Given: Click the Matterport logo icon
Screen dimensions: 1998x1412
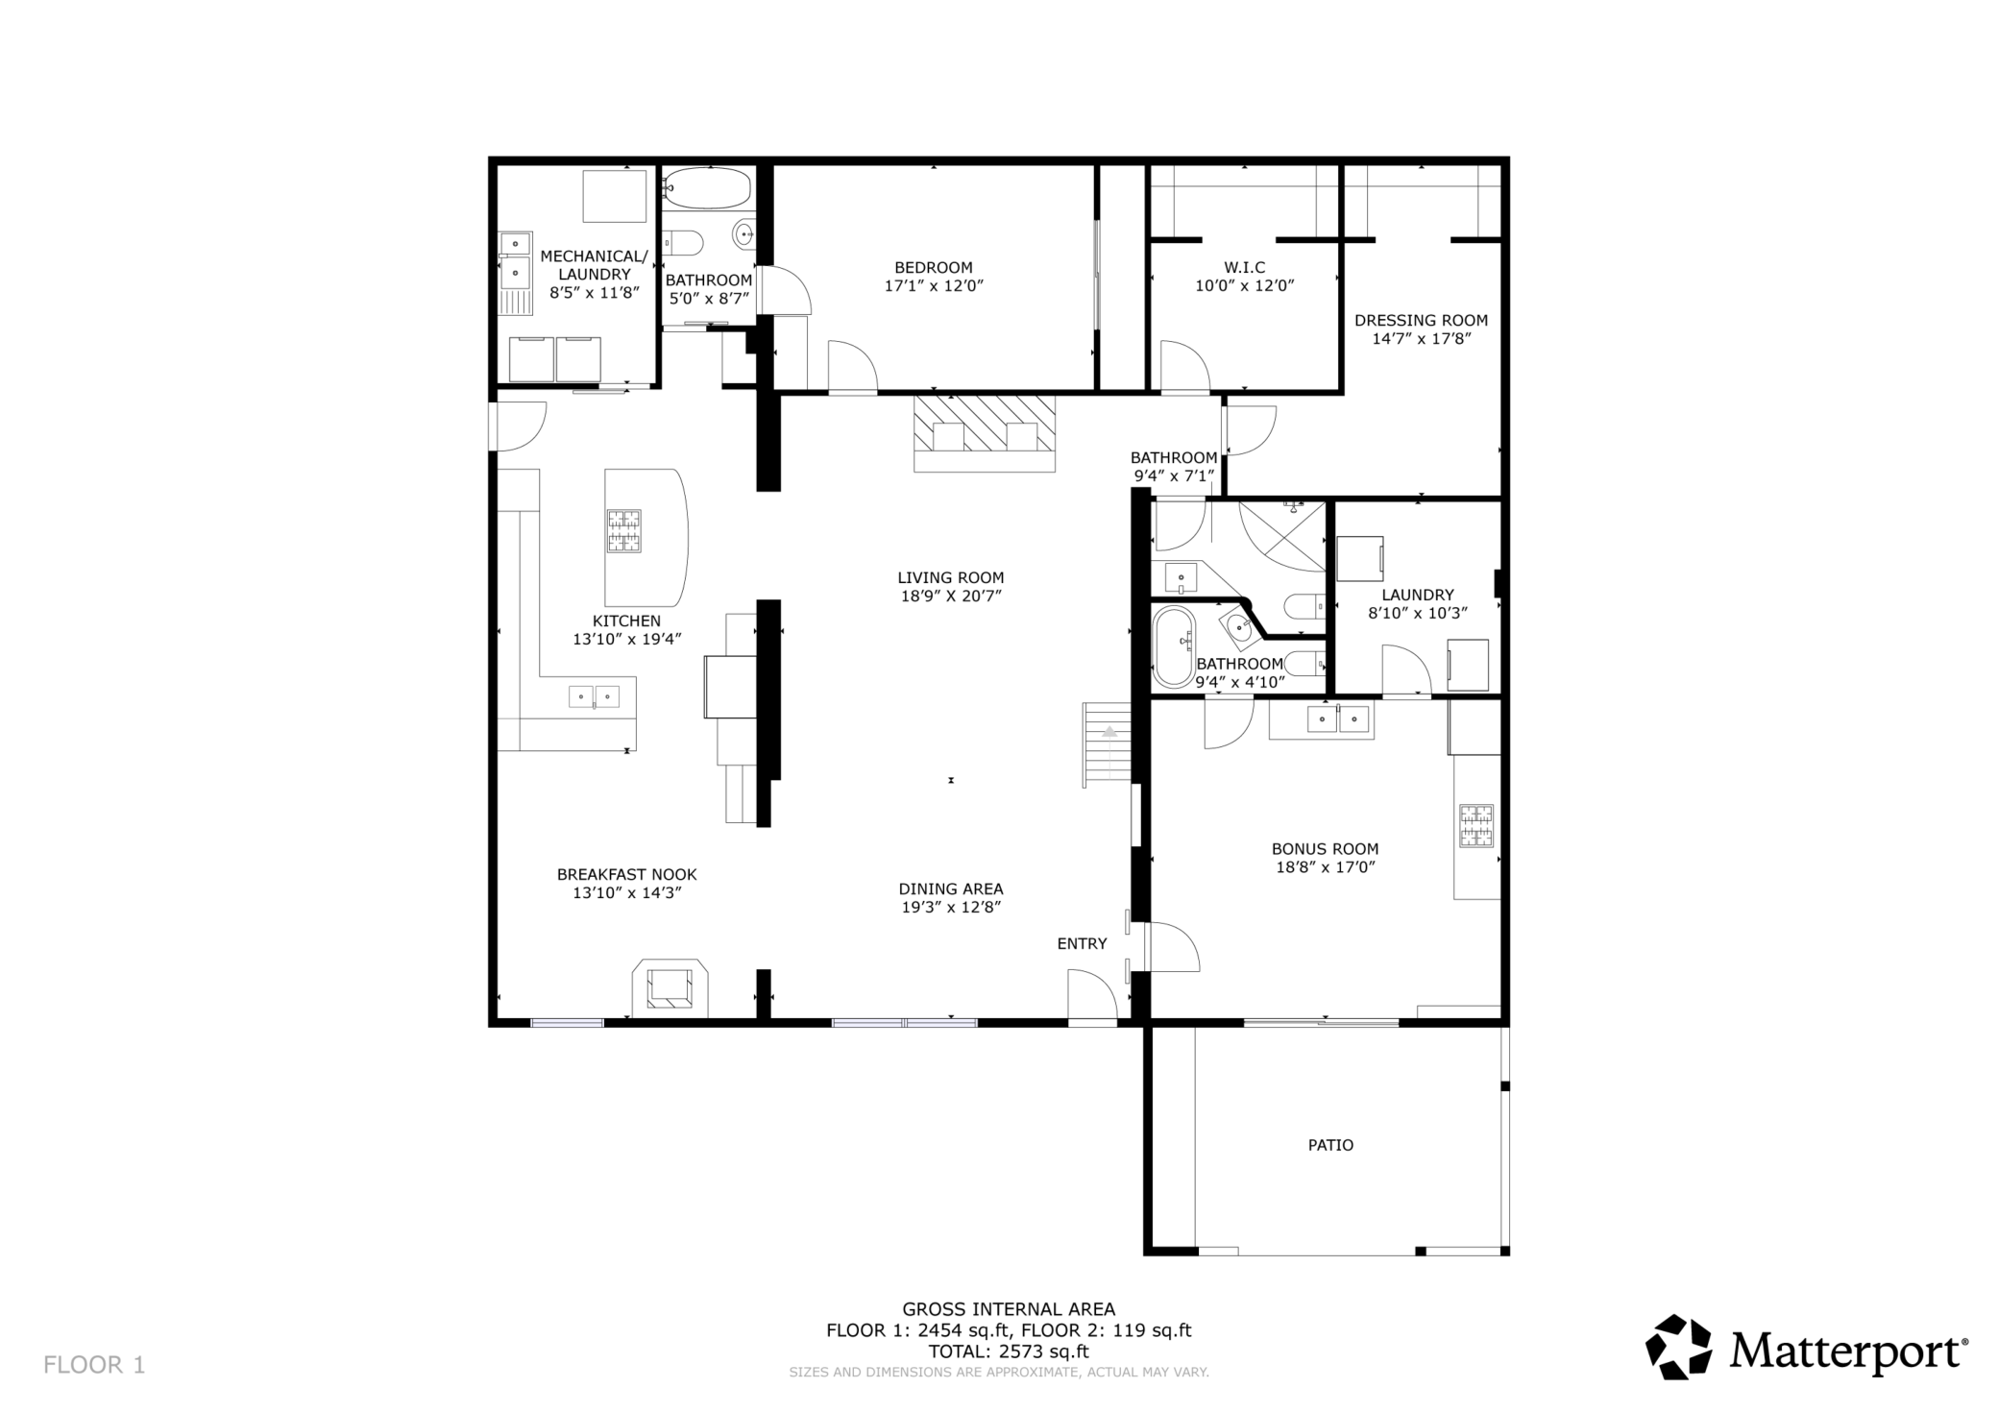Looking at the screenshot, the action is [x=1678, y=1347].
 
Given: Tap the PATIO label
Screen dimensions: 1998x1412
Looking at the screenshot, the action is [x=1330, y=1145].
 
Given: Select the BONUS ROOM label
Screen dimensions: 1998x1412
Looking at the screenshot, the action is [x=1325, y=849].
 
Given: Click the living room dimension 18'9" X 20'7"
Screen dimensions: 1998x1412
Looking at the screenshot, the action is [x=951, y=596].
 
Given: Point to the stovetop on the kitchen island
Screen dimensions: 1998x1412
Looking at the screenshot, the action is [x=623, y=531].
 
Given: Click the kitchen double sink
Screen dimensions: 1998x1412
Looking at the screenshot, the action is [x=594, y=696].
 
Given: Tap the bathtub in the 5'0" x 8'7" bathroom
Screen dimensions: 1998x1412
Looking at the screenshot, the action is [x=708, y=188].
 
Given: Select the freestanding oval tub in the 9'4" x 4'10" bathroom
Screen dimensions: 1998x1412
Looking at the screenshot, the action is [x=1173, y=645].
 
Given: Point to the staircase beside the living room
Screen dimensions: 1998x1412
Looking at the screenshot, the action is [x=1108, y=744].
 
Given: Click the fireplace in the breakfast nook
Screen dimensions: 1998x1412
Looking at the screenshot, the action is [x=670, y=988].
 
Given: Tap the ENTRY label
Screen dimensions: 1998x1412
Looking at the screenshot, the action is [x=1082, y=944].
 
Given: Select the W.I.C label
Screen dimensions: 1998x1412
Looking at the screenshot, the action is [x=1244, y=268].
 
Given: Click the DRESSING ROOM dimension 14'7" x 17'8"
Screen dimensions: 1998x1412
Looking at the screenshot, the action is [x=1421, y=338].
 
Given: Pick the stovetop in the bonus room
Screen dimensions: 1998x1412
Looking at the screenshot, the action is [x=1476, y=826].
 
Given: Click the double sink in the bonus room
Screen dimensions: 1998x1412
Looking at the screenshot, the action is [x=1338, y=718].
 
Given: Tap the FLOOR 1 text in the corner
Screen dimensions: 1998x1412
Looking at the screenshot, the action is [x=94, y=1365].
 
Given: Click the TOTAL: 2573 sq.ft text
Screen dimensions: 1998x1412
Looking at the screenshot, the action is [x=1009, y=1351].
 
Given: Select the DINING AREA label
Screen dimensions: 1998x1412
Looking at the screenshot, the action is [x=951, y=889].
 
